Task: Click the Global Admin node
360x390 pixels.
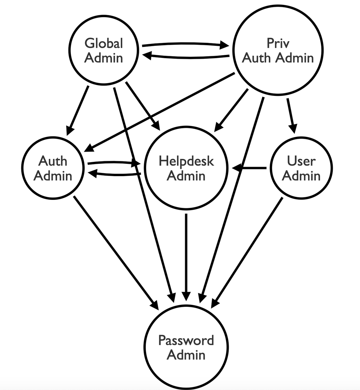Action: click(x=104, y=50)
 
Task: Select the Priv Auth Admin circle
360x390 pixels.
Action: click(x=278, y=50)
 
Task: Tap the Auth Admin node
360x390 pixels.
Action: click(x=53, y=168)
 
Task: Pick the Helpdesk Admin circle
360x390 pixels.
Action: click(x=186, y=168)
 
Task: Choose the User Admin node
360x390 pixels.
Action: click(x=301, y=168)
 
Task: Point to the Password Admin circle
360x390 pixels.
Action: click(x=186, y=347)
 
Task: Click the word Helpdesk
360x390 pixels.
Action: click(x=186, y=161)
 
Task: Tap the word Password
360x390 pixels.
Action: click(x=186, y=340)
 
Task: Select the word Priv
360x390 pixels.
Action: click(x=278, y=43)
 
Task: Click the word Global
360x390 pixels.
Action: click(x=104, y=43)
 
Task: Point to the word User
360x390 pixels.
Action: click(x=301, y=161)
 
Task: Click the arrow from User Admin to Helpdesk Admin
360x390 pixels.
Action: click(x=250, y=168)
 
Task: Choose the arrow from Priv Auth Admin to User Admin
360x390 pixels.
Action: click(x=291, y=115)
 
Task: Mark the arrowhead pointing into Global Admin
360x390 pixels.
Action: click(x=146, y=56)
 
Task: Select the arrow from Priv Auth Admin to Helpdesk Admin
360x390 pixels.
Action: click(x=232, y=109)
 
